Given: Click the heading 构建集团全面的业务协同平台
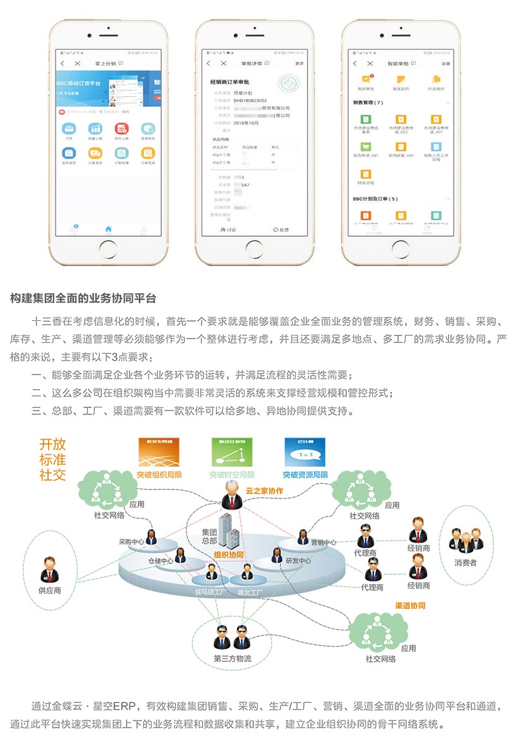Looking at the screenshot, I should click(83, 298).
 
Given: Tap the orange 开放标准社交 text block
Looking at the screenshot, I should click(52, 459).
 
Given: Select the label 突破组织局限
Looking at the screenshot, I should click(159, 474).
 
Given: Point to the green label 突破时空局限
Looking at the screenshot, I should click(232, 474).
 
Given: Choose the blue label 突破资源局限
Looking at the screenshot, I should click(305, 474).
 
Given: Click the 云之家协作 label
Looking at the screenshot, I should click(264, 491).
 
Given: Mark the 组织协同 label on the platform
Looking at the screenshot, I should click(229, 555).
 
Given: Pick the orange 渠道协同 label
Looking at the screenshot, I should click(410, 606).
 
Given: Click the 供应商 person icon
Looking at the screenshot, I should click(50, 570).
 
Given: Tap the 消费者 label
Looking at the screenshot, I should click(466, 562).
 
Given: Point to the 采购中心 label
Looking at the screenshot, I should click(131, 542).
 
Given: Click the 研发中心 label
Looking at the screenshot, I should click(298, 560).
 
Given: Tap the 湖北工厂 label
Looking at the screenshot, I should click(250, 592).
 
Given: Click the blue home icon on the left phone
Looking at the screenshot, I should click(108, 229).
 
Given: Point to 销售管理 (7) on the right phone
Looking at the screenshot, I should click(368, 102).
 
